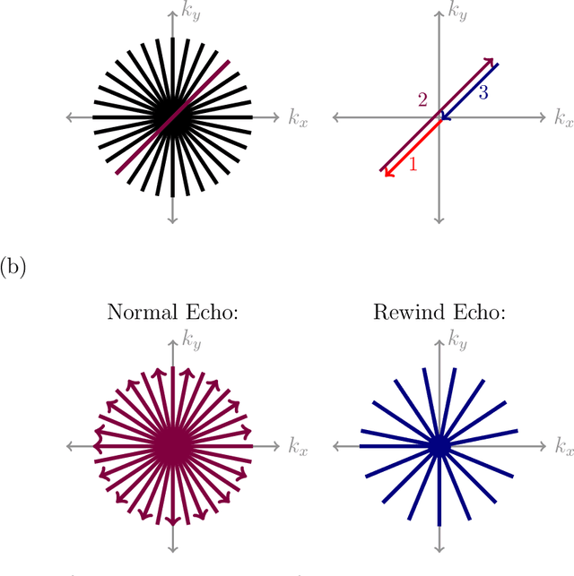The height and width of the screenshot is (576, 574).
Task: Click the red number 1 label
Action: pos(413,164)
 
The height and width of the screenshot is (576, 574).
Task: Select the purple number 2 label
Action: pos(422,99)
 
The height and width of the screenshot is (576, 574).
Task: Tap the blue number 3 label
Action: pos(483,91)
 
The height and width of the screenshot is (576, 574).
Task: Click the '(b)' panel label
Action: pos(14,268)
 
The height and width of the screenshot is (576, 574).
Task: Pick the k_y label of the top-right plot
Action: pos(458,12)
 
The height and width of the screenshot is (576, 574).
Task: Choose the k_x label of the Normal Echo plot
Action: pos(297,445)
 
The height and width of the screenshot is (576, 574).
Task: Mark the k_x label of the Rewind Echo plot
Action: pos(563,445)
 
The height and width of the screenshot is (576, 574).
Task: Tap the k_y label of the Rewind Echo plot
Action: pos(458,340)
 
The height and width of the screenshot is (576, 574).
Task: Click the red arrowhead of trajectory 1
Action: pos(388,173)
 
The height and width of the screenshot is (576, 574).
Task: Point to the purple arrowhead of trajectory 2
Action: pos(491,62)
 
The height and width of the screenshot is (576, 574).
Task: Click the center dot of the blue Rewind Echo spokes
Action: pos(439,444)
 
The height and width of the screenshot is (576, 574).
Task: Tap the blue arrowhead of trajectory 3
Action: pos(445,116)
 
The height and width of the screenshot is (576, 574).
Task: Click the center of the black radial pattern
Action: pos(171,116)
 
